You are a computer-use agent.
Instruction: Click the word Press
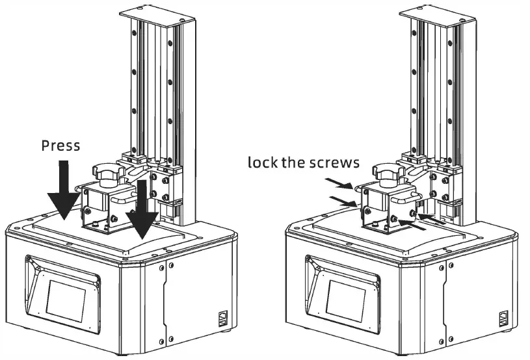click(60, 145)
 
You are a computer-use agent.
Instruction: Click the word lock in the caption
click(262, 162)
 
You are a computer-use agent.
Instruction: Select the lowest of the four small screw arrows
click(406, 224)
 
